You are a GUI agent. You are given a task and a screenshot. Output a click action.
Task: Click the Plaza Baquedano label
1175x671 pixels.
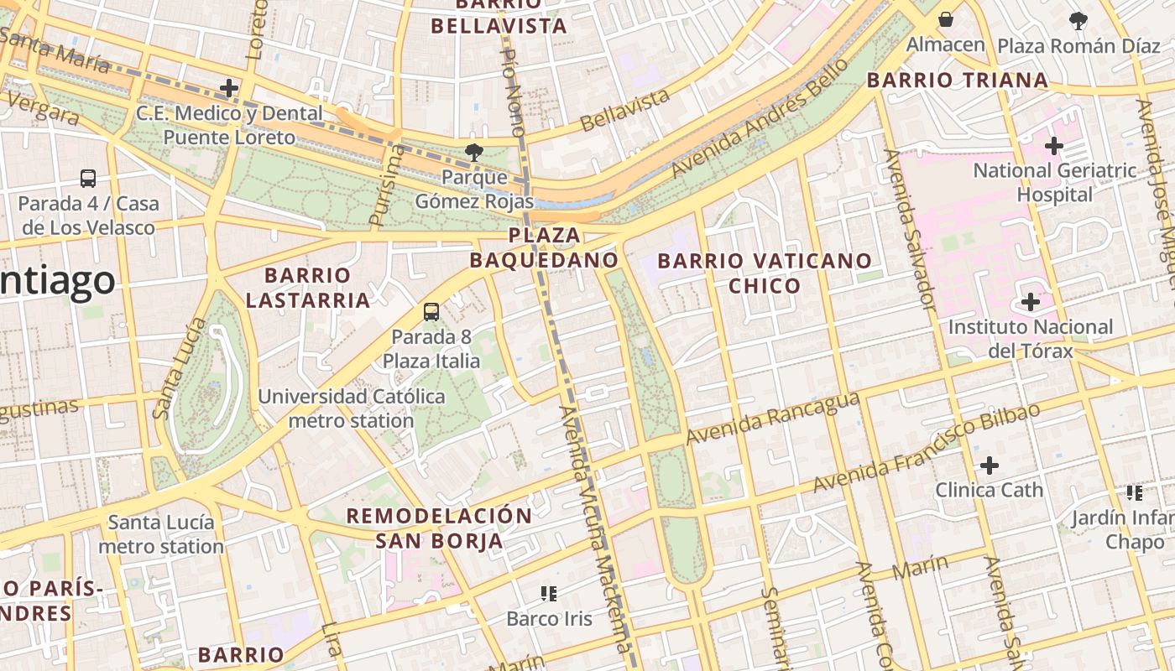pyautogui.click(x=543, y=247)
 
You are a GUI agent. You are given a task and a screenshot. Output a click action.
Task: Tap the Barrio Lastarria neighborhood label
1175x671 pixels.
pyautogui.click(x=308, y=288)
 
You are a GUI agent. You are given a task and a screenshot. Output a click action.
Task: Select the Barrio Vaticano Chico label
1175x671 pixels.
pyautogui.click(x=765, y=273)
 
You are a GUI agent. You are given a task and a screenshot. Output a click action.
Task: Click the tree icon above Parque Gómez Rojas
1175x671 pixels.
pyautogui.click(x=474, y=153)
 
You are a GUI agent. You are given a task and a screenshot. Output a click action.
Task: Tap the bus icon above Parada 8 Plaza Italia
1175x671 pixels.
pyautogui.click(x=431, y=312)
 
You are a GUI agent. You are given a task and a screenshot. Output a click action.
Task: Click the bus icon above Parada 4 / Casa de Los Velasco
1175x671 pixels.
pyautogui.click(x=88, y=179)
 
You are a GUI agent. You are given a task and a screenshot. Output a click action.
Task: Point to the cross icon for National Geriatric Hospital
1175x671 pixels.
pyautogui.click(x=1054, y=147)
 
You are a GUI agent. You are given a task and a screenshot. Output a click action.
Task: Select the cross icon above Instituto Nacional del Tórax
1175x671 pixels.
pyautogui.click(x=1031, y=302)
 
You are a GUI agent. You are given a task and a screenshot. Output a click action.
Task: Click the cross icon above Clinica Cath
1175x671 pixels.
pyautogui.click(x=990, y=465)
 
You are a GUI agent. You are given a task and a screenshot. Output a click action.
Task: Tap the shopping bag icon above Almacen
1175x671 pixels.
pyautogui.click(x=946, y=19)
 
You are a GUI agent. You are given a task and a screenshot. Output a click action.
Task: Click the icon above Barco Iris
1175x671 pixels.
pyautogui.click(x=549, y=595)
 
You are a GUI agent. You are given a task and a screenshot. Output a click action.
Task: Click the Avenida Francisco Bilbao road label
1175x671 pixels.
pyautogui.click(x=927, y=448)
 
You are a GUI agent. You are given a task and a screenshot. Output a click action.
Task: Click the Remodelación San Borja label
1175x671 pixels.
pyautogui.click(x=440, y=528)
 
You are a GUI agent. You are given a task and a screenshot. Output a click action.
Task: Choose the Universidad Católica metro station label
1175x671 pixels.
pyautogui.click(x=352, y=408)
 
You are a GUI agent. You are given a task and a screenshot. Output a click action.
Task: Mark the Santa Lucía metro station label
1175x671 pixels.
pyautogui.click(x=161, y=534)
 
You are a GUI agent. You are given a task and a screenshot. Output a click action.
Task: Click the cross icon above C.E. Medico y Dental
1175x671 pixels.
pyautogui.click(x=229, y=88)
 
